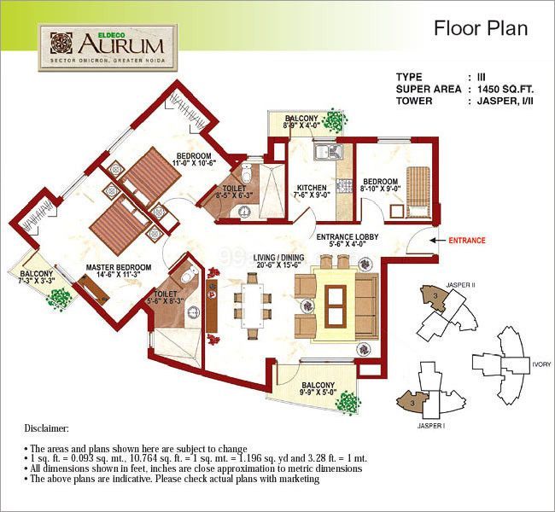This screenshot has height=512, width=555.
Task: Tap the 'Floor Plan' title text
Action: coord(481,27)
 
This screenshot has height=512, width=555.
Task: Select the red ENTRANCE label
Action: coord(467,241)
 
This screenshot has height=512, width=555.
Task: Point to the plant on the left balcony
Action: coord(59,296)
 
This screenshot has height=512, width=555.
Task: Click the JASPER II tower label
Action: coord(461,284)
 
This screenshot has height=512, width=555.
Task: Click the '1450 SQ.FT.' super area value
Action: coord(508,88)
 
